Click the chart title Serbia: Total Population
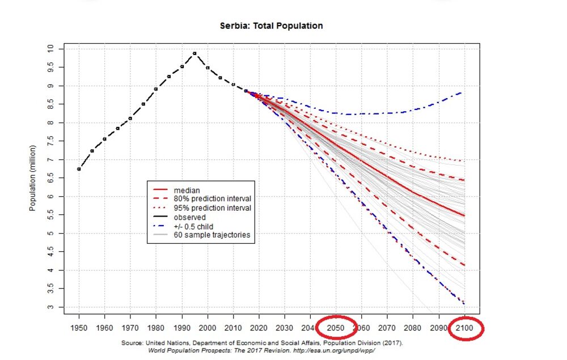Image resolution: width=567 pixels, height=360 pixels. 271,26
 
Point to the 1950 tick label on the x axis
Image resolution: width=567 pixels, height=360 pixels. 79,327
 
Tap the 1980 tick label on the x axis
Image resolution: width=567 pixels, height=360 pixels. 156,327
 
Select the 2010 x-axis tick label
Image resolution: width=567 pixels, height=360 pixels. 233,327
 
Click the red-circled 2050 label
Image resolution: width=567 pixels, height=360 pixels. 336,327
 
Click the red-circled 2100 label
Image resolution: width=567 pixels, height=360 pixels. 465,328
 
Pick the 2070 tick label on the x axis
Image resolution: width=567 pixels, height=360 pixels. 388,327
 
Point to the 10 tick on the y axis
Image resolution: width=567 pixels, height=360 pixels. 52,49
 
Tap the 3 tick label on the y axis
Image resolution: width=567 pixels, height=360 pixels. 52,307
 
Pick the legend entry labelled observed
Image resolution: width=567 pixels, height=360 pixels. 189,217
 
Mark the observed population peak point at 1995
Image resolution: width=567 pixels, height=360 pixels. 194,53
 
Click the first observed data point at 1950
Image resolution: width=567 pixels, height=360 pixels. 79,169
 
